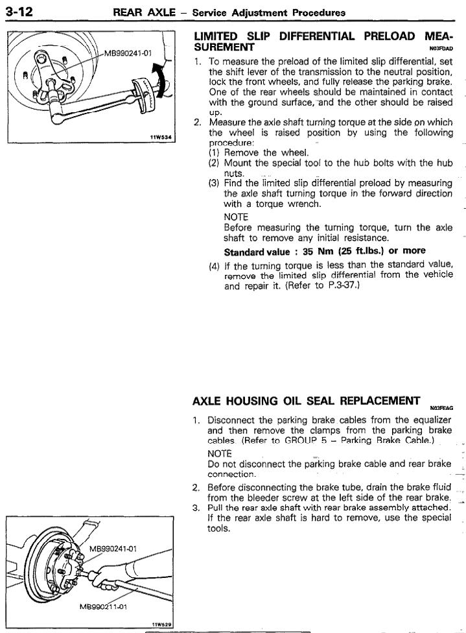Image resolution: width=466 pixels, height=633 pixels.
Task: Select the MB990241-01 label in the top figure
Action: tap(128, 54)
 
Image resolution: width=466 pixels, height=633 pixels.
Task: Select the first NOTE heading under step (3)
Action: tap(235, 217)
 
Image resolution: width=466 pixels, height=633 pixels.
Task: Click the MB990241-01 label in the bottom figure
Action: tap(112, 531)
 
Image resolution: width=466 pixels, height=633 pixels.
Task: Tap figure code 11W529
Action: tap(160, 624)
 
